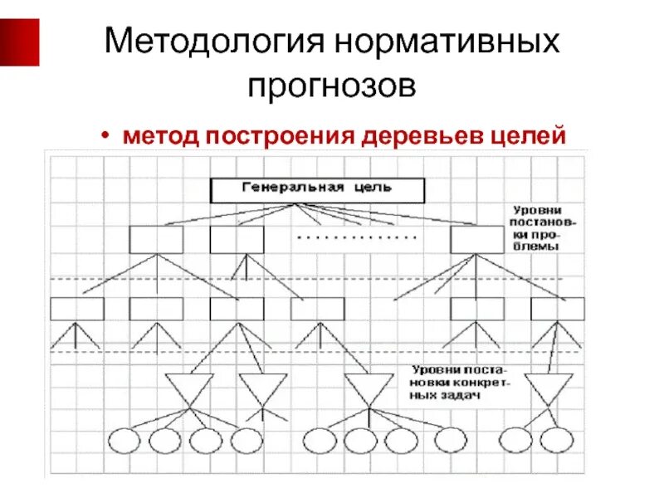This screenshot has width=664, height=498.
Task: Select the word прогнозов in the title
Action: coord(332,85)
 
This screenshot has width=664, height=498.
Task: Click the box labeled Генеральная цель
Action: coord(318,190)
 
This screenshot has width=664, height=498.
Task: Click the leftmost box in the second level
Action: coord(156,240)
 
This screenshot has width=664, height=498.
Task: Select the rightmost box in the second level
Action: coord(477,240)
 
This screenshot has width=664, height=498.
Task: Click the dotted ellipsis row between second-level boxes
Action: coord(357,238)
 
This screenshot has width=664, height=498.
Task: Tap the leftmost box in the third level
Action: coord(77,309)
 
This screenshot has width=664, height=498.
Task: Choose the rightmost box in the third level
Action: coord(558,309)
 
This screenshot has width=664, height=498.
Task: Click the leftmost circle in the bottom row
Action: coord(125,440)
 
